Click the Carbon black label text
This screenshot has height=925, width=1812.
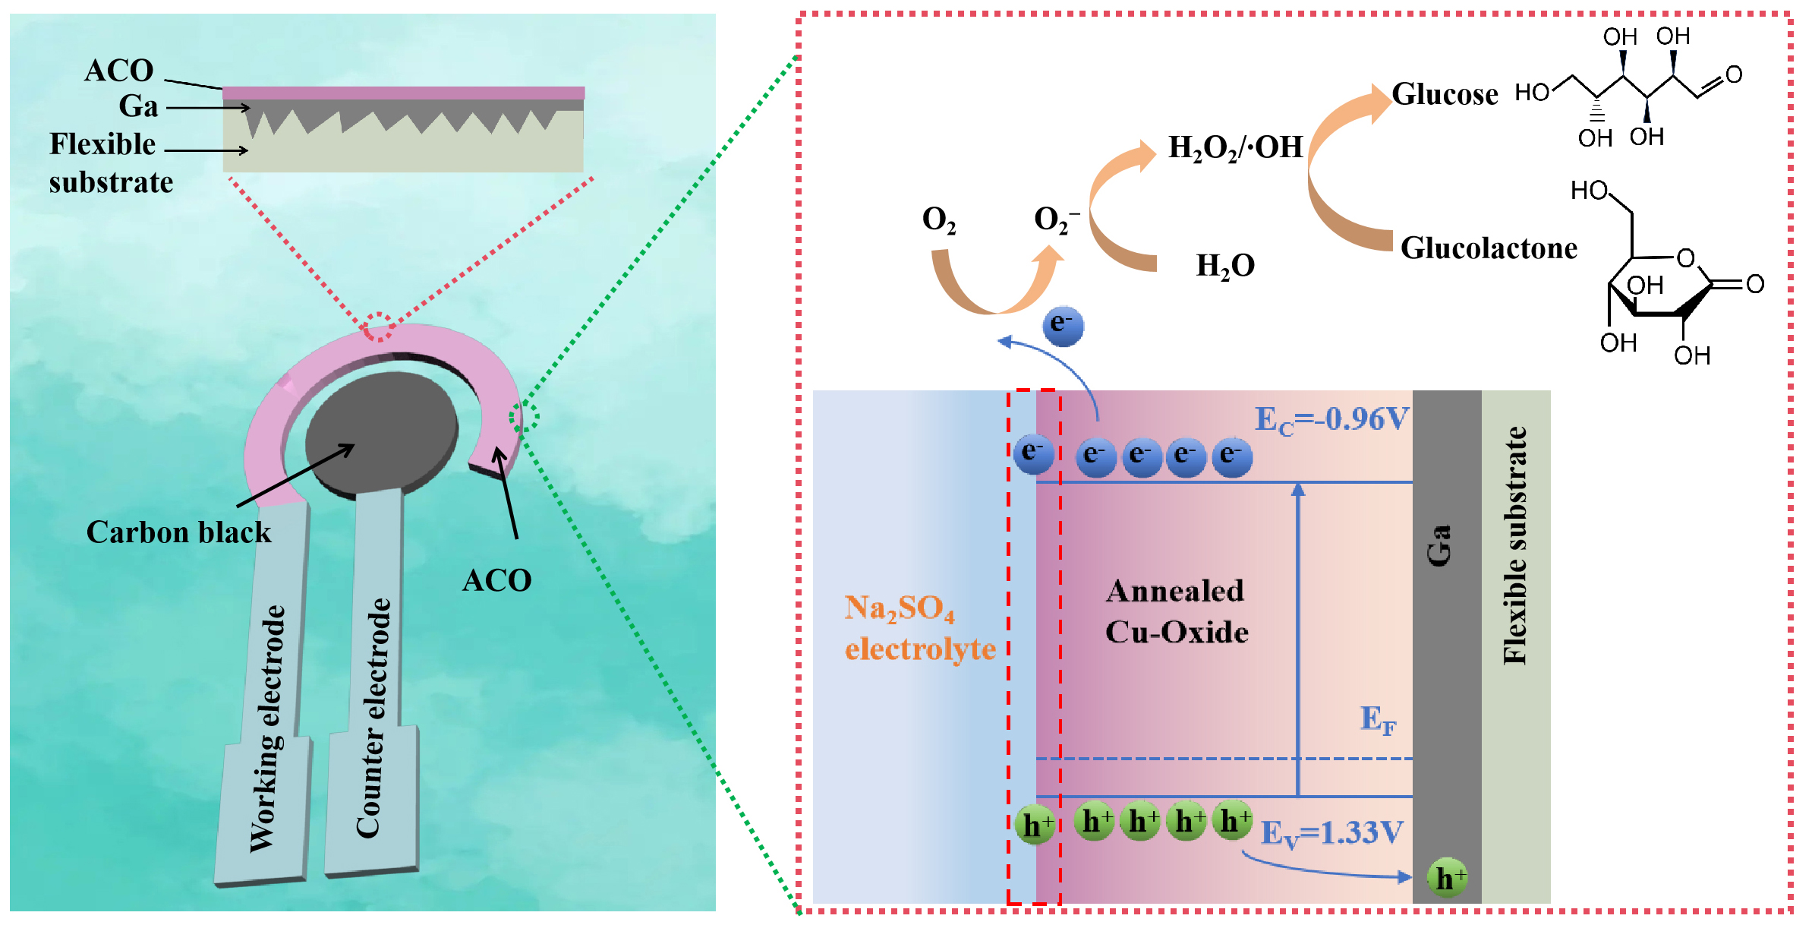(x=178, y=532)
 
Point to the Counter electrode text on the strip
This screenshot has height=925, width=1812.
(x=373, y=718)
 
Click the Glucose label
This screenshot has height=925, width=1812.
(x=1445, y=95)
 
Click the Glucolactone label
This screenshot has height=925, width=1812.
(x=1488, y=248)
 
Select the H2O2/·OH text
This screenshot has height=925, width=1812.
(x=1235, y=147)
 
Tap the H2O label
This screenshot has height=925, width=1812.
(x=1225, y=266)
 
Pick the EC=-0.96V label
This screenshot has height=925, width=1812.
(x=1331, y=419)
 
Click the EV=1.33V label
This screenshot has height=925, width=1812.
(x=1331, y=833)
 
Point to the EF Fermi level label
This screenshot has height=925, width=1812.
(x=1377, y=719)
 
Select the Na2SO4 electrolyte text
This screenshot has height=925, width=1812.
(x=919, y=628)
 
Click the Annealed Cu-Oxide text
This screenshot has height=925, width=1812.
(x=1176, y=611)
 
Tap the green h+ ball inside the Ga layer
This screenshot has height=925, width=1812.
(x=1447, y=878)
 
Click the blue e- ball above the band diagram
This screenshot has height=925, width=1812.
(x=1063, y=327)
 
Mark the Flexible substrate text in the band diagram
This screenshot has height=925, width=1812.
(x=1515, y=545)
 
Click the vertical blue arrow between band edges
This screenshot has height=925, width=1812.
(x=1298, y=638)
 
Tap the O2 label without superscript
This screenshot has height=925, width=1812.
(x=938, y=220)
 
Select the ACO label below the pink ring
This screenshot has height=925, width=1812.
(x=496, y=581)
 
